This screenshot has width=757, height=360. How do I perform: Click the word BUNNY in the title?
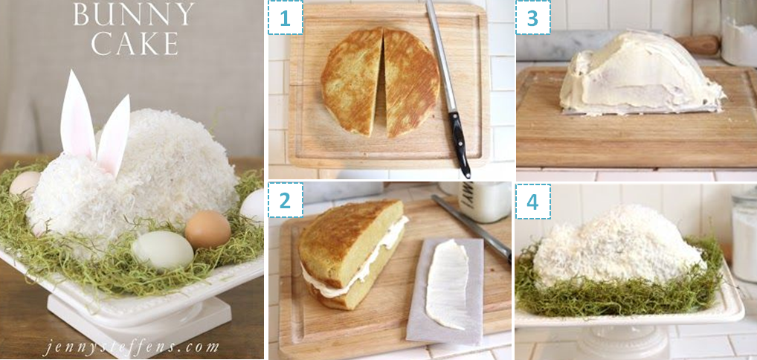point(134,14)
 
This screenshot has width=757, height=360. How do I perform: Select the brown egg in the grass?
point(207,229)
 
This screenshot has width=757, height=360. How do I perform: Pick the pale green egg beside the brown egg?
point(163,250)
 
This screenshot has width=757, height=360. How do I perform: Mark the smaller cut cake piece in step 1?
point(352,82)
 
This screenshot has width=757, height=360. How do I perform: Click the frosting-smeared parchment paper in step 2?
point(445,290)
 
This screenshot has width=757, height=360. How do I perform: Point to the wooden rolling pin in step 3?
point(699,45)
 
